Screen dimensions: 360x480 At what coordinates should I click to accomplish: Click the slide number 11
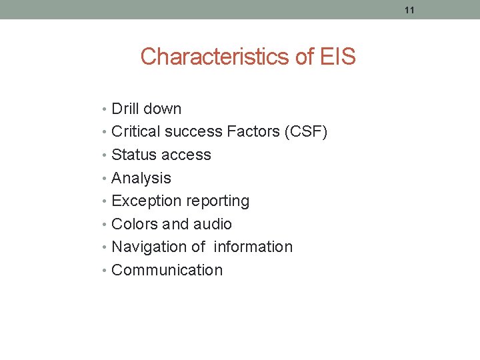[x=409, y=10]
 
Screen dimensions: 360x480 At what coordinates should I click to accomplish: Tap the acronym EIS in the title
[x=337, y=57]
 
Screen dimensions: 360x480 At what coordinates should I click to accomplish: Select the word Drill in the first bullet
[x=125, y=109]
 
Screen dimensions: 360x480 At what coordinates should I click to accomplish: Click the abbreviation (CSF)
[x=306, y=132]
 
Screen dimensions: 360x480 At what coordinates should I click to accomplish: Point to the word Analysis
[x=141, y=178]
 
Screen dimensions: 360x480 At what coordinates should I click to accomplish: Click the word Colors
[x=135, y=224]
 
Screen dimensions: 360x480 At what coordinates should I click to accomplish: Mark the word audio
[x=212, y=224]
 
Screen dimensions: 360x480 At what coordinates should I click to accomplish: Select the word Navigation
[x=149, y=247]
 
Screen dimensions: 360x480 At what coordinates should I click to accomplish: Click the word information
[x=253, y=247]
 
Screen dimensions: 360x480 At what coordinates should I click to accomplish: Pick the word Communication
[x=167, y=270]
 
